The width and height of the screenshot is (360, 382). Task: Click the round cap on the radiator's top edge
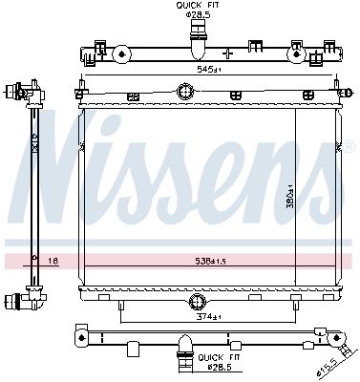[184, 93]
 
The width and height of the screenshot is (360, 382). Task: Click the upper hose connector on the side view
[18, 94]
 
